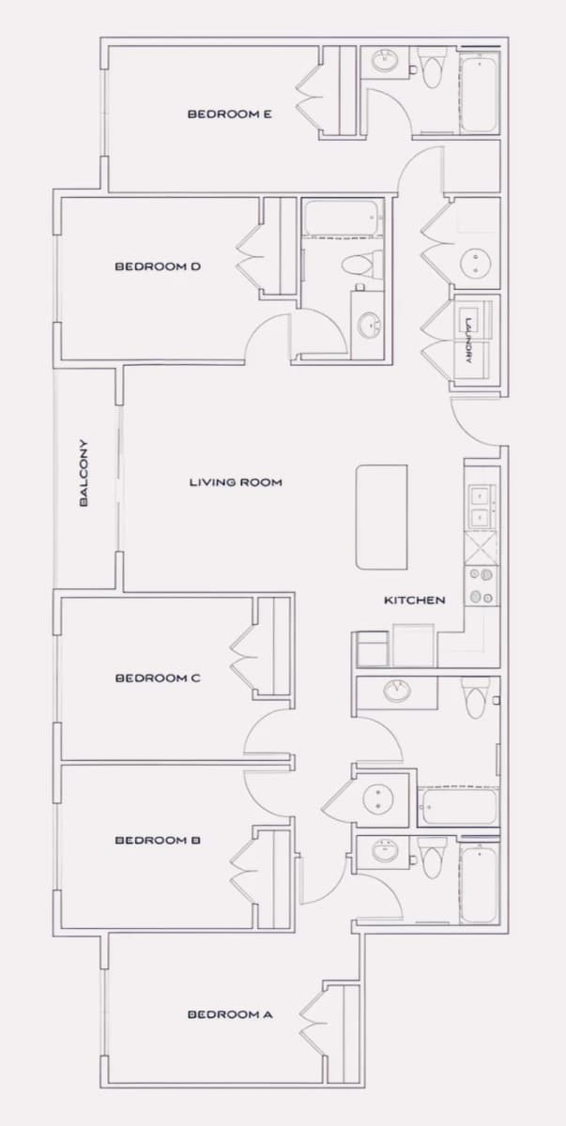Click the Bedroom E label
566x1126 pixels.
click(x=230, y=114)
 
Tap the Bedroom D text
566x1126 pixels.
click(x=158, y=266)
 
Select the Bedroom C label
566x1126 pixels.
click(x=158, y=678)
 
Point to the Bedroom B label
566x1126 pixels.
click(x=158, y=840)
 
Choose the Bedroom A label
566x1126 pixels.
click(x=230, y=1014)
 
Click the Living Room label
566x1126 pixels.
click(x=236, y=482)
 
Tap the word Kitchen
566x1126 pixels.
click(x=415, y=601)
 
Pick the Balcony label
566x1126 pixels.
click(x=84, y=473)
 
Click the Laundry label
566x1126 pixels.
click(x=469, y=341)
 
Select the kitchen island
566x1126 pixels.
click(x=381, y=517)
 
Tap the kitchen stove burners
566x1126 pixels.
click(x=482, y=586)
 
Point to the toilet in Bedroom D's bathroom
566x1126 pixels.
click(x=358, y=265)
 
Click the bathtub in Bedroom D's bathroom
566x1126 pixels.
click(x=341, y=218)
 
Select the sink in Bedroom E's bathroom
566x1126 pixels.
click(x=386, y=61)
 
